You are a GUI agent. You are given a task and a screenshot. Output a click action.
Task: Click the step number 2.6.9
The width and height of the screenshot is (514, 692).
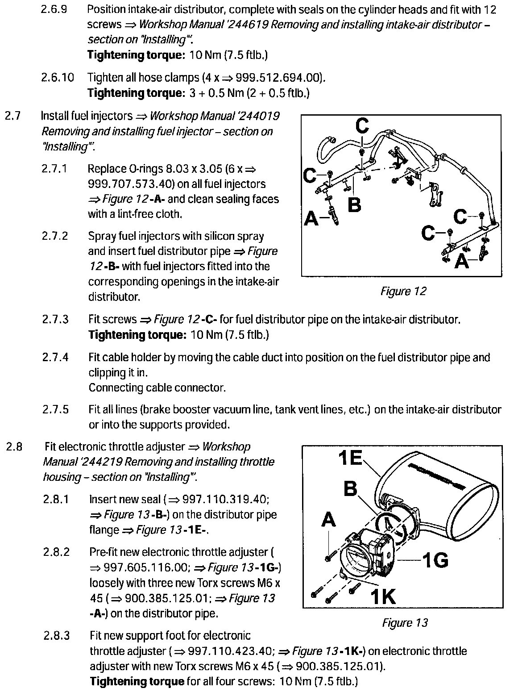click(54, 9)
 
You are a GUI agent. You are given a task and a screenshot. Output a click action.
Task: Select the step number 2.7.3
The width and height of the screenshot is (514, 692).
click(56, 319)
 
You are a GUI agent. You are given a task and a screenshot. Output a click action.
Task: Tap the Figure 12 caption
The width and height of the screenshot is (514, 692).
click(403, 292)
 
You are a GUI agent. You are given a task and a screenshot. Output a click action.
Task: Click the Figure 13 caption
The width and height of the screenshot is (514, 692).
click(405, 622)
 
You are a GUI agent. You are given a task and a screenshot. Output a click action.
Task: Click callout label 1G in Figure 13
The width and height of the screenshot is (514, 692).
click(435, 559)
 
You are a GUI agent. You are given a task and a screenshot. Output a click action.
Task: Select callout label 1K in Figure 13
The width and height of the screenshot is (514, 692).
click(383, 596)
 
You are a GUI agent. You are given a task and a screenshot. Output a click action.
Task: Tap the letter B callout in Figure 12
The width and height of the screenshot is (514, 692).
click(354, 206)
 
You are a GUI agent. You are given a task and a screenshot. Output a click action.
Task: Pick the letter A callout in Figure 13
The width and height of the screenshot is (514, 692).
click(328, 520)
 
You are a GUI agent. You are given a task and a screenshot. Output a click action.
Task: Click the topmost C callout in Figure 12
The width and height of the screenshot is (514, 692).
click(362, 126)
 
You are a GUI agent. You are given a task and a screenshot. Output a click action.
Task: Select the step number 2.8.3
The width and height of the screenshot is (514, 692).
click(56, 635)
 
